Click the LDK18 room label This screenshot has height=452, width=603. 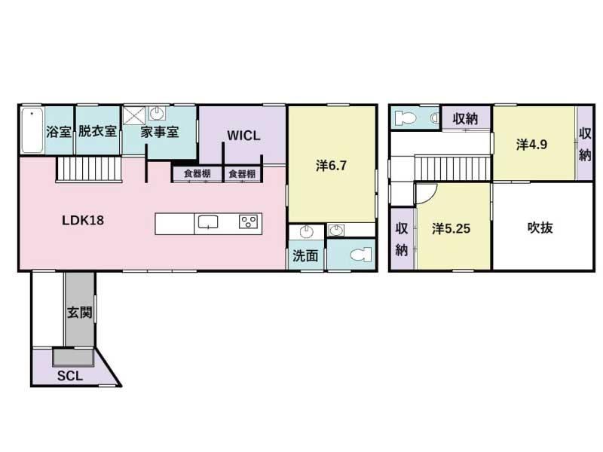[83, 220]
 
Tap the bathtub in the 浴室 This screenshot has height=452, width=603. [32, 130]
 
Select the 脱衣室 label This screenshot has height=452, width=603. [98, 131]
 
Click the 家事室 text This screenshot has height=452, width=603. [160, 133]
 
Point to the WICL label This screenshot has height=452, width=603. [243, 136]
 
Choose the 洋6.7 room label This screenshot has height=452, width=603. [331, 166]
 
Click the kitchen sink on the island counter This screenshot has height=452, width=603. [208, 222]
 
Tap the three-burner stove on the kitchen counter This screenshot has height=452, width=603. [248, 221]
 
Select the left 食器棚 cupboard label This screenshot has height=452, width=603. [197, 174]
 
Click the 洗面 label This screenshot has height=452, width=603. [305, 255]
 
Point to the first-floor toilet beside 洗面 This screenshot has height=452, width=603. [361, 255]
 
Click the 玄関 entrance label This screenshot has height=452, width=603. [80, 312]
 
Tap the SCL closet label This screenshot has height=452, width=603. [70, 375]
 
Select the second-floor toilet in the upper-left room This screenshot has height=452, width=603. [406, 118]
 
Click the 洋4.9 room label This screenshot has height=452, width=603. [531, 145]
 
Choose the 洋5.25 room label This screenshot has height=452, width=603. [451, 229]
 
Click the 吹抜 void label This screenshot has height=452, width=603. [540, 228]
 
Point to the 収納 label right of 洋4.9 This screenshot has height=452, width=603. [585, 144]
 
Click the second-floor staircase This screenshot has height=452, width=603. [453, 167]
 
